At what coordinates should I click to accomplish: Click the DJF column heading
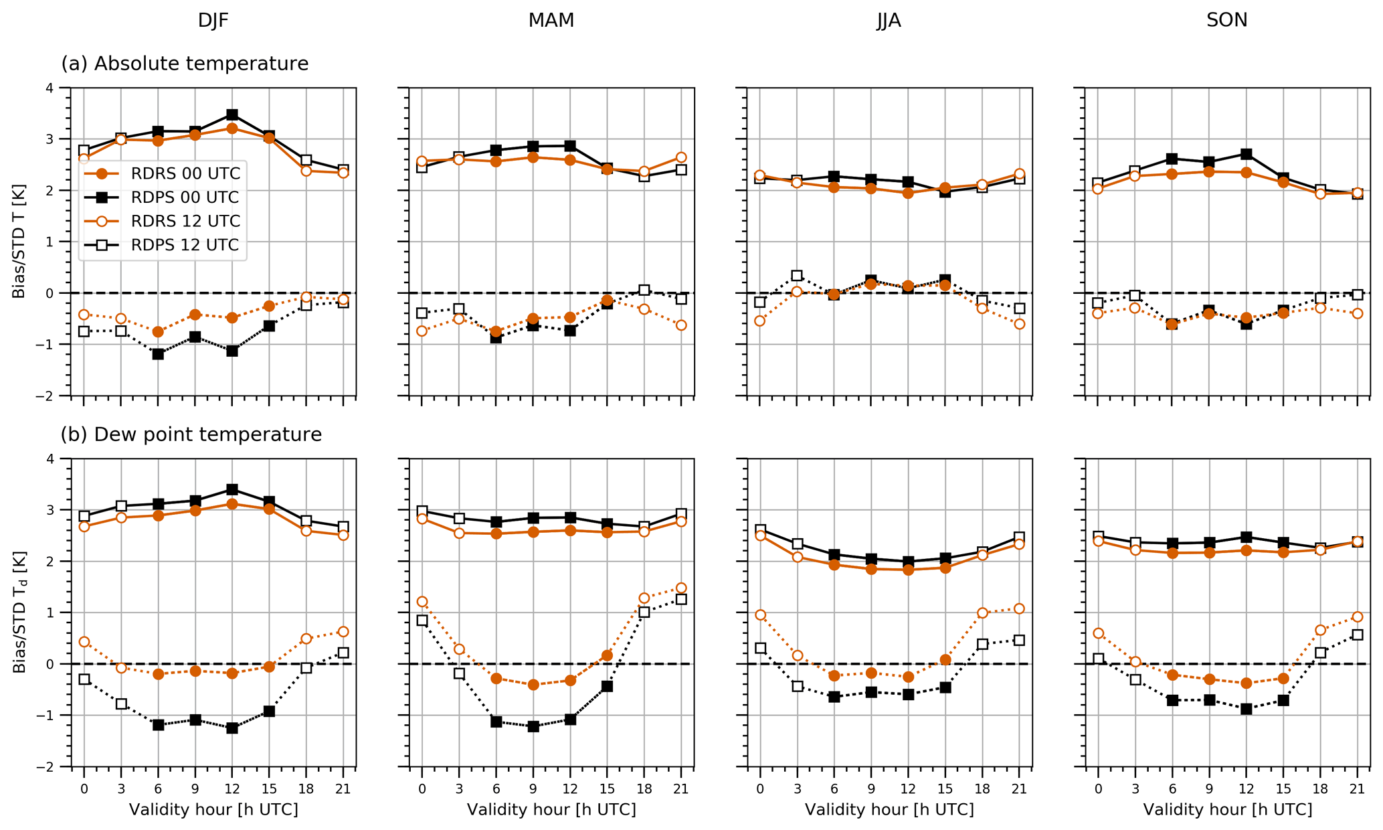[213, 21]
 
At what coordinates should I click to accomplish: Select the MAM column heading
[551, 21]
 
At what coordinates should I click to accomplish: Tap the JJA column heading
[889, 21]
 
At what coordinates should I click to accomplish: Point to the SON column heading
[1226, 21]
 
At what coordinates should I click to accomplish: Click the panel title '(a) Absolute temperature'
[185, 64]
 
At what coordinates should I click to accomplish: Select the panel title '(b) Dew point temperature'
[191, 434]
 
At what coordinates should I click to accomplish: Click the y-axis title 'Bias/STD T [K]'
[19, 242]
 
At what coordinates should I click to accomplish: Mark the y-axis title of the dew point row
[19, 612]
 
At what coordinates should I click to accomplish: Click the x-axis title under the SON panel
[1227, 810]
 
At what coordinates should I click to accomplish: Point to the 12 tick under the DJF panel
[232, 790]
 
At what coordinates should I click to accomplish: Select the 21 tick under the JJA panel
[1019, 790]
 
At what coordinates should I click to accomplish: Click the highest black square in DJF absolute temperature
[232, 115]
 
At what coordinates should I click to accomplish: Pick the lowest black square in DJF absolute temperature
[158, 354]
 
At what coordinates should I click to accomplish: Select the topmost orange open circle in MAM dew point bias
[681, 588]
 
